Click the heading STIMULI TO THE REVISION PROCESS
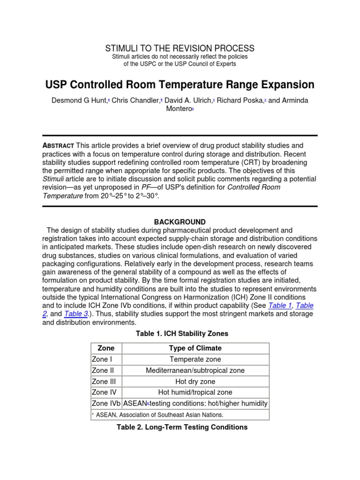click(x=180, y=48)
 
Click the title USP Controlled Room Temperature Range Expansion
click(x=180, y=85)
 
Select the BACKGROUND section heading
click(x=180, y=222)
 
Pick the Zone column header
click(x=106, y=348)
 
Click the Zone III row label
click(x=104, y=382)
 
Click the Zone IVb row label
click(x=105, y=404)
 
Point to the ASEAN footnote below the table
click(x=159, y=415)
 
